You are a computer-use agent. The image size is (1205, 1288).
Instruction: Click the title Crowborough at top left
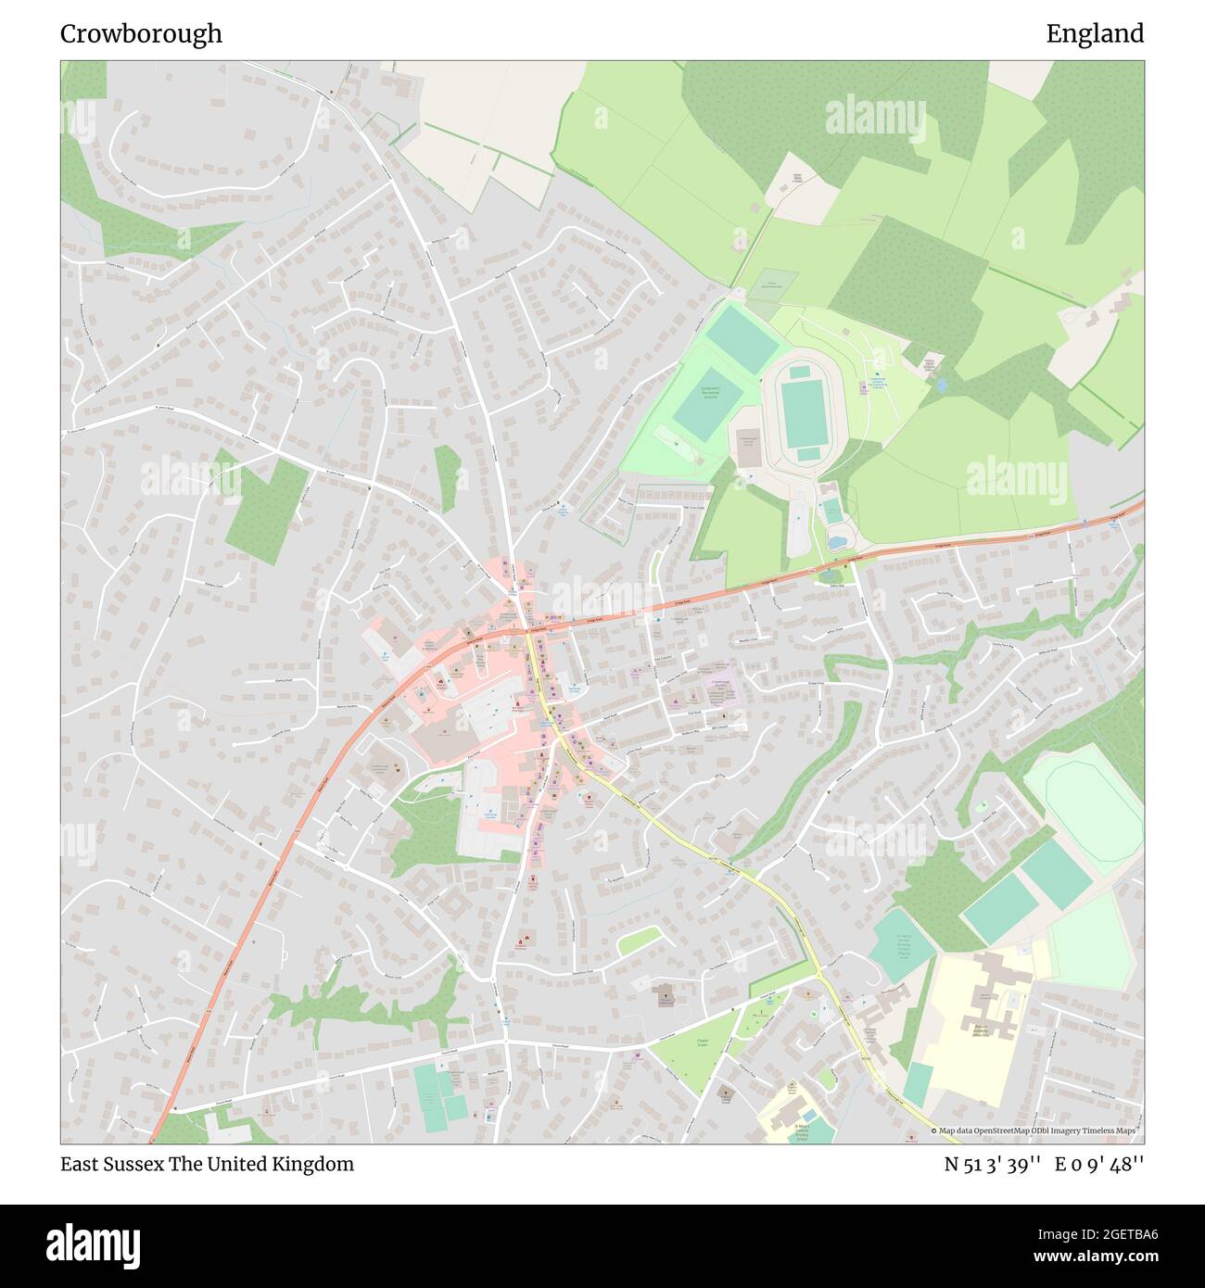click(x=141, y=34)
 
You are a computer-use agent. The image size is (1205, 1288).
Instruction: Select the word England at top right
click(x=1095, y=34)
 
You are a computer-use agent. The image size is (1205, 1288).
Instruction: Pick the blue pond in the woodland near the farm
click(x=941, y=382)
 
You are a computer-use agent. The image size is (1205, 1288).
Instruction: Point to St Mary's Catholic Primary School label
click(x=799, y=1131)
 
